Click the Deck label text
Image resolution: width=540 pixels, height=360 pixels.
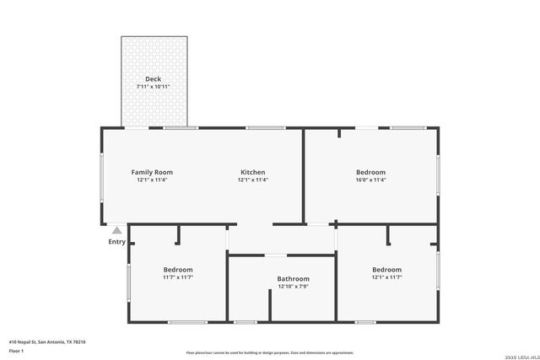[153, 79]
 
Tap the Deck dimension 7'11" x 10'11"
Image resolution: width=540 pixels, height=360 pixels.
[153, 87]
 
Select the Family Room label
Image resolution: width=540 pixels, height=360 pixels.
[152, 172]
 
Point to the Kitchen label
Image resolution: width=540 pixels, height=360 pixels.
[252, 172]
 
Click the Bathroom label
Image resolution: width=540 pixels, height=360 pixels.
[294, 279]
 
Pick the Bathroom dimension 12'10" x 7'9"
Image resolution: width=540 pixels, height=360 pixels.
[294, 287]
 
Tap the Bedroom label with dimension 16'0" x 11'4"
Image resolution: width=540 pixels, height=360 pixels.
[370, 172]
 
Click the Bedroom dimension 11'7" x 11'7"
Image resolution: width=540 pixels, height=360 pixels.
[178, 277]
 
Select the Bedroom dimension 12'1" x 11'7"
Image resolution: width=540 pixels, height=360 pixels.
[386, 277]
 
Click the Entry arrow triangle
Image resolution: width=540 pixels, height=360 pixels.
[116, 229]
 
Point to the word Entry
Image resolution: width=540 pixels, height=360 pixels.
[116, 242]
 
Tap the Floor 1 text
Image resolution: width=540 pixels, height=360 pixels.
[16, 350]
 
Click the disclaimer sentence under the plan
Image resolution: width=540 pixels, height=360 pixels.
[269, 353]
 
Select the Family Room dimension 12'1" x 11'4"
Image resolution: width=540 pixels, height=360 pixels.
[152, 180]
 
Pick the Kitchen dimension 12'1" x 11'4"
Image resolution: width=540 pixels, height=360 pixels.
[252, 180]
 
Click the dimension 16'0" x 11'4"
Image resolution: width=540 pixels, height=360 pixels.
[370, 180]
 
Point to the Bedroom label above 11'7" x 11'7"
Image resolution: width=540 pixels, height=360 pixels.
[178, 270]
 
